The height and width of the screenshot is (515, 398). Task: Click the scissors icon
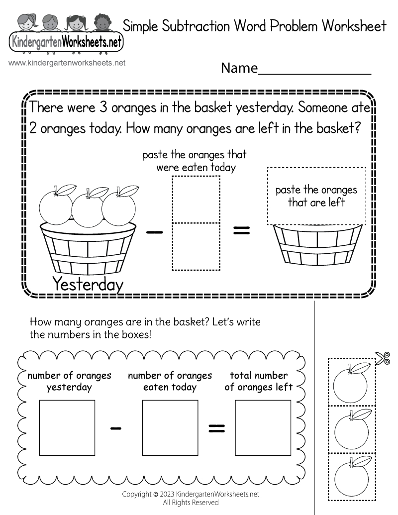(x=383, y=358)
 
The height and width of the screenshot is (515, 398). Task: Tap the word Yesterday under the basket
(x=88, y=284)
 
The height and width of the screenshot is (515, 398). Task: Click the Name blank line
(x=314, y=70)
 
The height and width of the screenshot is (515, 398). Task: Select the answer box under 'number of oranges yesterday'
(x=67, y=428)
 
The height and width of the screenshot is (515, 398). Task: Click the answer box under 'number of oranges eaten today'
(x=170, y=428)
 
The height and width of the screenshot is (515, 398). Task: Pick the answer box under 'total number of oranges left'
(x=263, y=428)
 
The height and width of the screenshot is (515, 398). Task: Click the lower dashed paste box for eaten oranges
(x=196, y=246)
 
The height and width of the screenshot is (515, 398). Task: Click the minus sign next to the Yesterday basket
(x=155, y=231)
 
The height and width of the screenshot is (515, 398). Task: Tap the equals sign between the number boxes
(x=216, y=427)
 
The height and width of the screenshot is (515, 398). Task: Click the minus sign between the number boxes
(x=116, y=427)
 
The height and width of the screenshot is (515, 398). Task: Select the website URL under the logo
(x=67, y=63)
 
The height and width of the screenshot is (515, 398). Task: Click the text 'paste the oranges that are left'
(x=316, y=196)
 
